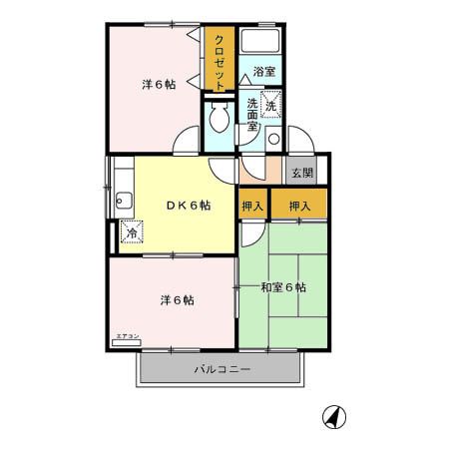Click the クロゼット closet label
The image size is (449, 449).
coord(216,61)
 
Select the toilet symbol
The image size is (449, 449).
coord(218,121)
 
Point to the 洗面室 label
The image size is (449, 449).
coord(252,115)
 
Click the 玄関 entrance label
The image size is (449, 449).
coord(301,172)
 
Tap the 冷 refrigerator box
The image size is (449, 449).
coord(131,233)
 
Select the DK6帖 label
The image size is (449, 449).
coord(188,206)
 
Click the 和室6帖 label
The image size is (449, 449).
coord(283,288)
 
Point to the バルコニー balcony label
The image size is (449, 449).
coord(222,370)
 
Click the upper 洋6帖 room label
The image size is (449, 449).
coord(159,85)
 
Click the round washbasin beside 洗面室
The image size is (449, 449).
coord(273,138)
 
